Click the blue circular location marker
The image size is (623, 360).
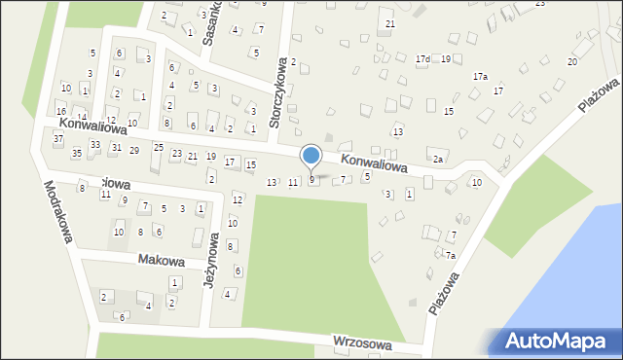311,156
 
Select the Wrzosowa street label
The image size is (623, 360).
361,342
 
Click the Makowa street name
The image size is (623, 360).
161,260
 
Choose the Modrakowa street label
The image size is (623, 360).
58,212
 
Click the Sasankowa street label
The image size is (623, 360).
211,24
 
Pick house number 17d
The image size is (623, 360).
421,59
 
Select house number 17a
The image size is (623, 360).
480,76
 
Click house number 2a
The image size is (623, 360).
438,160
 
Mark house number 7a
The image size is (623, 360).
450,255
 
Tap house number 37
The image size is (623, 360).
58,139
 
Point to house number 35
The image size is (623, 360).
77,154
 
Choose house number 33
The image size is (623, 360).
94,144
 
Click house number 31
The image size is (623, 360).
116,147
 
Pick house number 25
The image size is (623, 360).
158,147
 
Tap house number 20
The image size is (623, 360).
572,61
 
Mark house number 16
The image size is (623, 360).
60,112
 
